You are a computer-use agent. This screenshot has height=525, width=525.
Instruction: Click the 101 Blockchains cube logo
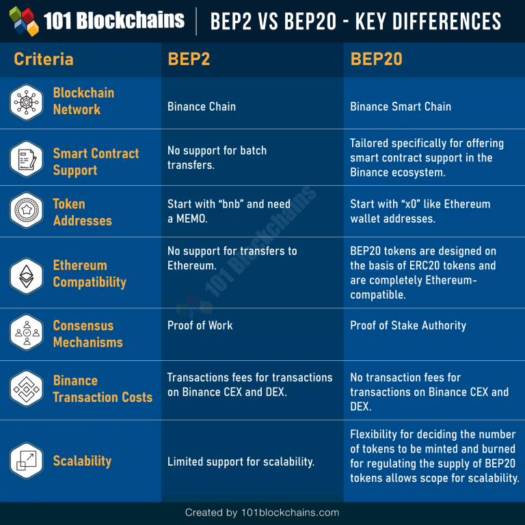pos(23,21)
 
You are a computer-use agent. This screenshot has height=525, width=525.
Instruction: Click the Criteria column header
pos(43,59)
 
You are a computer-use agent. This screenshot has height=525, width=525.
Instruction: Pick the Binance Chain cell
pos(202,107)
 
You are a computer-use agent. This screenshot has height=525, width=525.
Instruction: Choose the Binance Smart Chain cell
pos(401,107)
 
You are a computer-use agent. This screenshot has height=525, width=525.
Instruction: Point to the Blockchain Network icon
pos(27,102)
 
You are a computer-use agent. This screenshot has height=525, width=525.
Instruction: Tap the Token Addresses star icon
pos(27,211)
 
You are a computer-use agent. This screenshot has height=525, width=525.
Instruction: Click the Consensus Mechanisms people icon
pos(27,333)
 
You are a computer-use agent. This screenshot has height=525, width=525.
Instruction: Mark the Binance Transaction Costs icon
pos(27,389)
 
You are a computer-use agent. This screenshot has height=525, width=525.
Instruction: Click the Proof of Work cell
pos(200,325)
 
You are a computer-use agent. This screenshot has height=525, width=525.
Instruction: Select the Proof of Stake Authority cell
pos(408,325)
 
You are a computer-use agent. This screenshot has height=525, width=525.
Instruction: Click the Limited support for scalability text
pos(241,462)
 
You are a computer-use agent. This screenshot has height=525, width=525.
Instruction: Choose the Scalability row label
pos(82,461)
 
